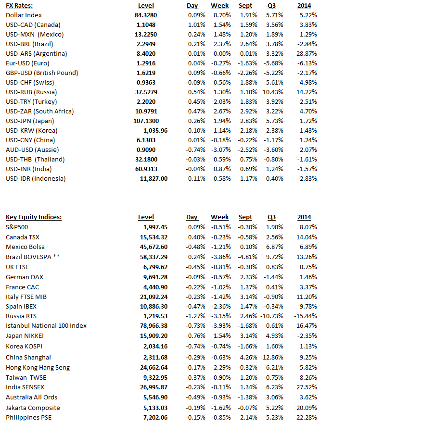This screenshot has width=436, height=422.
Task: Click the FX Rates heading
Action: [x=19, y=5]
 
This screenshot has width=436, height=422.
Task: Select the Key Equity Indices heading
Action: [x=33, y=217]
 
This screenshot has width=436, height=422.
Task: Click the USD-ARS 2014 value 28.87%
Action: [x=308, y=53]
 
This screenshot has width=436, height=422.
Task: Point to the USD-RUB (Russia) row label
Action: [x=31, y=92]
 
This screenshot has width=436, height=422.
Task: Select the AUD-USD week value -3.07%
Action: [x=220, y=149]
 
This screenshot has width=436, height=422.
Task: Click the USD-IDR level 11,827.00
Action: [x=154, y=178]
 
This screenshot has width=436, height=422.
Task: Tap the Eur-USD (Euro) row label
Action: [x=27, y=63]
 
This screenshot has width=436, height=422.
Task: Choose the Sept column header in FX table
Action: [x=245, y=5]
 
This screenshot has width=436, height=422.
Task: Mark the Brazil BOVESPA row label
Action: [x=32, y=257]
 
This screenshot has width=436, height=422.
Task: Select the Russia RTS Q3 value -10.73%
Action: [x=272, y=316]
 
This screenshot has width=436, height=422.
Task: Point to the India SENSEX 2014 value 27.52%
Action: [x=308, y=387]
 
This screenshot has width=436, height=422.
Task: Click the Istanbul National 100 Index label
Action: [x=46, y=325]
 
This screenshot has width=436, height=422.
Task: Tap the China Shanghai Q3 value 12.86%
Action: [x=274, y=357]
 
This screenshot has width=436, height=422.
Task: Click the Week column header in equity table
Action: [x=219, y=217]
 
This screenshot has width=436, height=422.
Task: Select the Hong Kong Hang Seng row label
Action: [x=38, y=367]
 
